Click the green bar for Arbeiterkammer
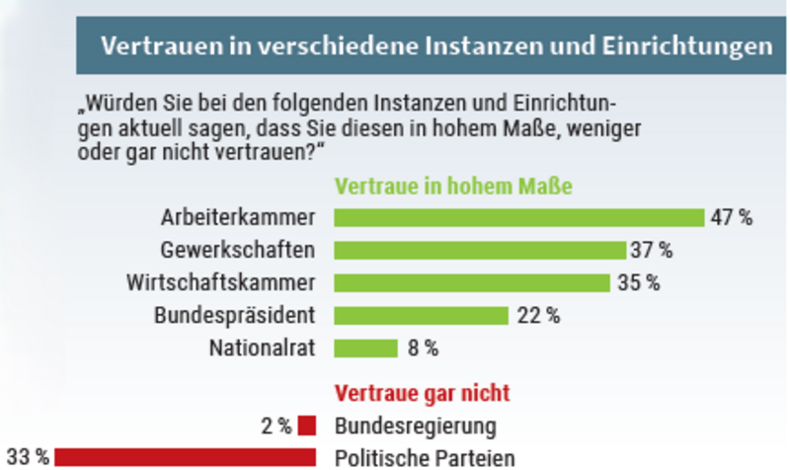518,217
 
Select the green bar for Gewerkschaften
480,250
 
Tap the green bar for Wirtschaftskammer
472,282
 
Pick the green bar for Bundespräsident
421,315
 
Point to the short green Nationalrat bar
365,348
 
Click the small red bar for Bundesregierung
306,426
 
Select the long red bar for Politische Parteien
186,457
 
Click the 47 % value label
731,217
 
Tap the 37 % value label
653,250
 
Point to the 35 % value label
638,282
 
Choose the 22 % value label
538,316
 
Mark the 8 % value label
422,348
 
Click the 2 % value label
276,427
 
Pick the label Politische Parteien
426,458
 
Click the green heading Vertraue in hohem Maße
455,186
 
